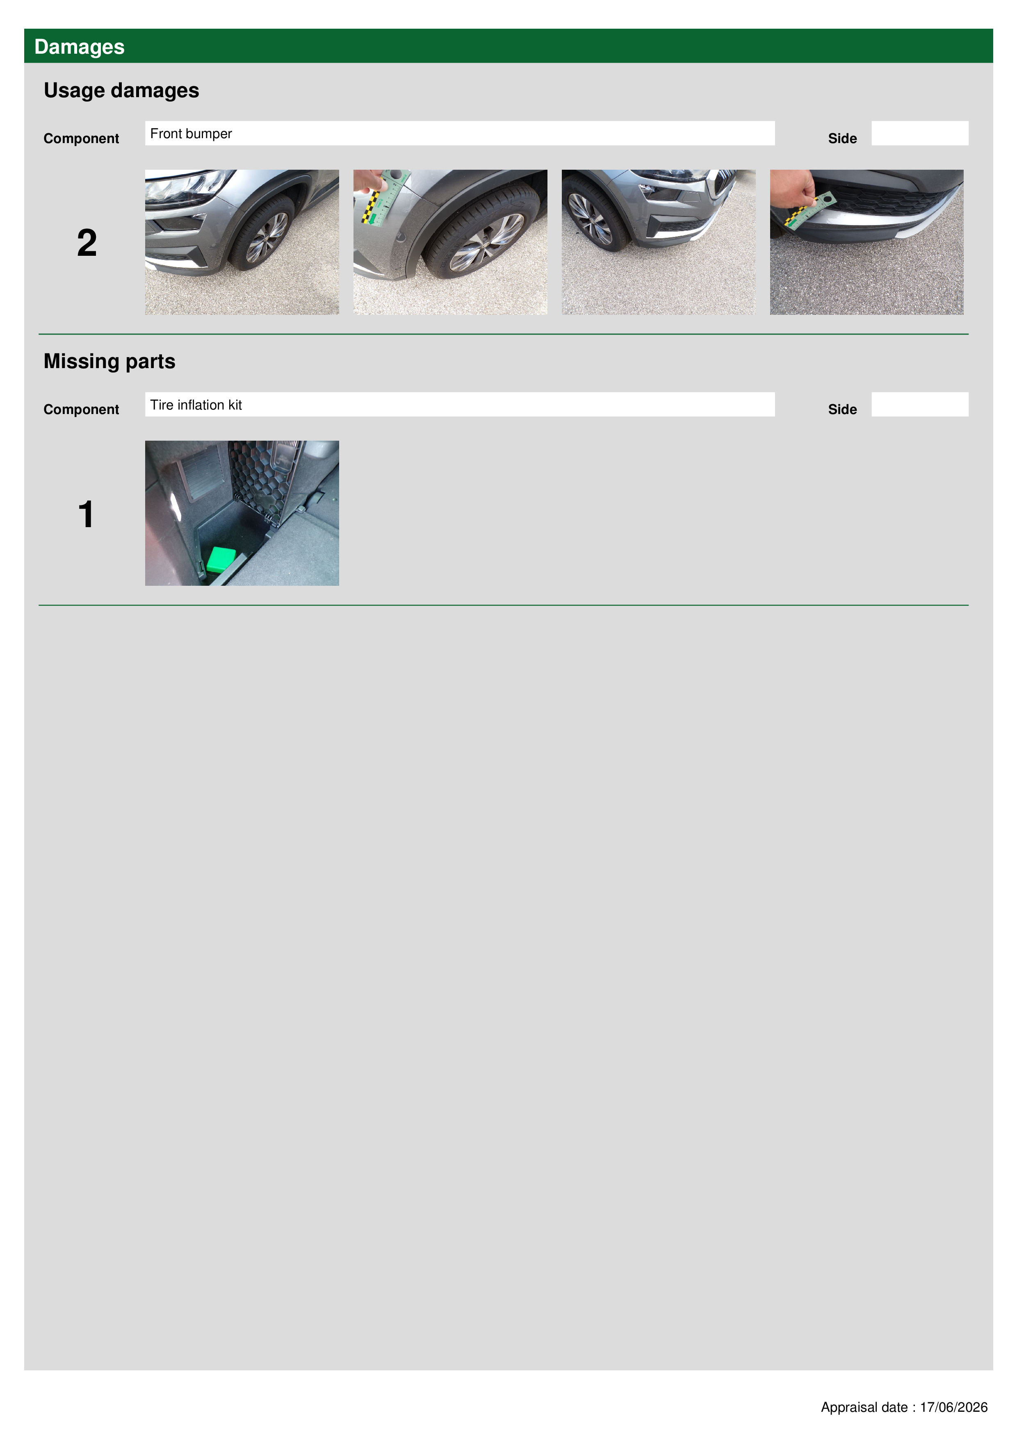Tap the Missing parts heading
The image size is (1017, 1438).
click(x=109, y=362)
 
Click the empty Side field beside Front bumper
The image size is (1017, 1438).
click(x=919, y=133)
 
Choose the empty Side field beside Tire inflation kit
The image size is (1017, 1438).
click(x=919, y=405)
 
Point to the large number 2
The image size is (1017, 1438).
click(x=87, y=243)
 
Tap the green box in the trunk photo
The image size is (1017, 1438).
click(x=221, y=559)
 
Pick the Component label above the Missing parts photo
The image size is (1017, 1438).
click(x=81, y=410)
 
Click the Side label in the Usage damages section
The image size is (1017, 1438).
click(x=842, y=139)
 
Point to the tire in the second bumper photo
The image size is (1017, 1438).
click(x=483, y=232)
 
